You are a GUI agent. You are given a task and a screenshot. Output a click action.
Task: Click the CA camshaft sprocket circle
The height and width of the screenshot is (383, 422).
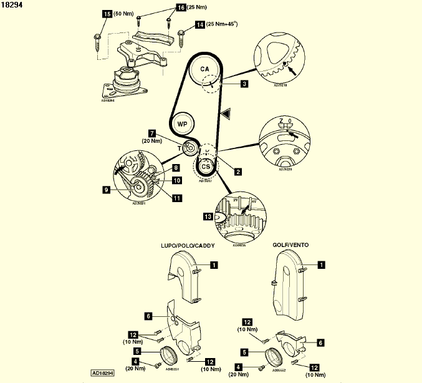(205, 69)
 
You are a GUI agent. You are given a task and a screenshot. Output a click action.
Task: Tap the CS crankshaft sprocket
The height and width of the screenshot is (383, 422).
(205, 166)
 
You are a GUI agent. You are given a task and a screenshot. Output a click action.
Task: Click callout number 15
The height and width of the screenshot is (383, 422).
(107, 14)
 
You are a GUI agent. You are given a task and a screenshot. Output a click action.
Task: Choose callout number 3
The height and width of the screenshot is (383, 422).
(245, 83)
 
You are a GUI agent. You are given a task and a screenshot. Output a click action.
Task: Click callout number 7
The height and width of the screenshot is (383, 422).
(152, 133)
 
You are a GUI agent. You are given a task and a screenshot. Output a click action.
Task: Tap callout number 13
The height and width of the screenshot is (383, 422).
(208, 217)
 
